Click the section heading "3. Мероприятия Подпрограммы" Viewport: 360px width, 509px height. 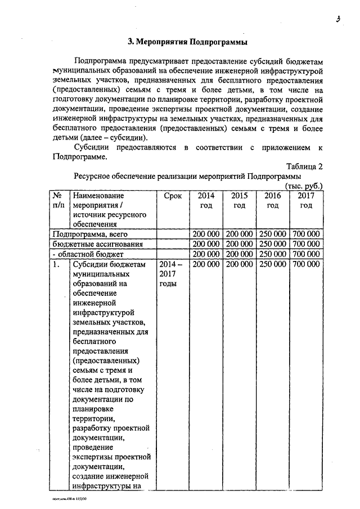(x=187, y=42)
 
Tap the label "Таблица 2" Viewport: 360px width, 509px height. (x=304, y=166)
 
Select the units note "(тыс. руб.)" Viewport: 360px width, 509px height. (x=304, y=186)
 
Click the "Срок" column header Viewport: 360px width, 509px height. (x=173, y=196)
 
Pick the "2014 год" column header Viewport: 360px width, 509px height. (x=206, y=200)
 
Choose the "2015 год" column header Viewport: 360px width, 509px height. (x=240, y=200)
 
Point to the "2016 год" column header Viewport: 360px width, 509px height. (x=273, y=200)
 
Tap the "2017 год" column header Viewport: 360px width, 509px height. (x=306, y=200)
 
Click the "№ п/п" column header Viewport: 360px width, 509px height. (x=57, y=200)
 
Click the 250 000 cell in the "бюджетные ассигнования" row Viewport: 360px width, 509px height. (x=273, y=244)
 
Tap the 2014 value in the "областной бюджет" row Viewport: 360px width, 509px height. (x=206, y=254)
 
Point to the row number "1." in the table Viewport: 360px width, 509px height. (x=56, y=264)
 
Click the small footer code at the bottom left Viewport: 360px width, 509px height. (x=68, y=498)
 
